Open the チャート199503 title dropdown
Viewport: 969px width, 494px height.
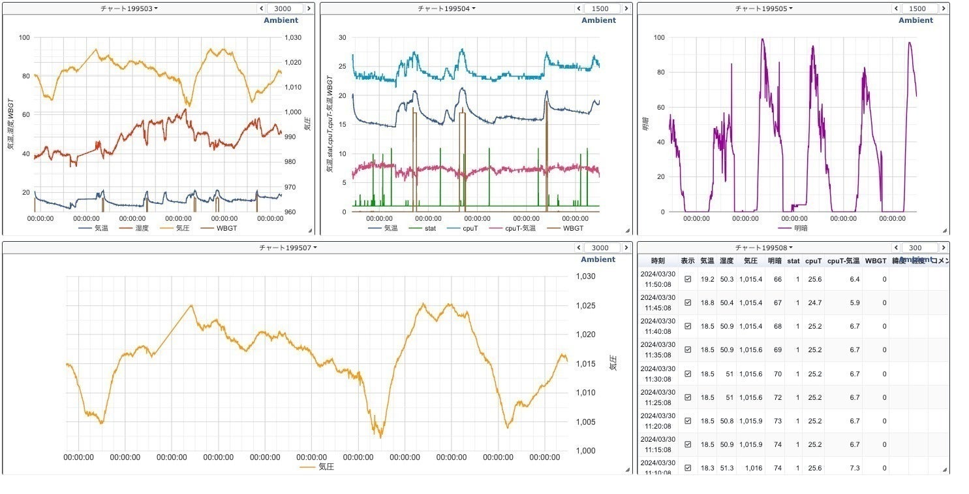(x=129, y=8)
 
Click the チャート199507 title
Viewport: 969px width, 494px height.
(x=288, y=248)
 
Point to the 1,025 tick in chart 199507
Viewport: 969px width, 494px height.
(x=585, y=306)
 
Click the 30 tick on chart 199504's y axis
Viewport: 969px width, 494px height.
(x=342, y=38)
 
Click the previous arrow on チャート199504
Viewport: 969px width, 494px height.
(x=578, y=8)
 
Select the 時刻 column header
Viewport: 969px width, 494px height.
(x=658, y=261)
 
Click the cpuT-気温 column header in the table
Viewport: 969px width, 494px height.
(x=843, y=261)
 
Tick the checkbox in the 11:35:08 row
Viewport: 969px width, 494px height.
(x=688, y=350)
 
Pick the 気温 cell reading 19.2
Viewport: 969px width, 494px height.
(x=707, y=279)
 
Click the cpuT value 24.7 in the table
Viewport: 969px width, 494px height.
(x=813, y=303)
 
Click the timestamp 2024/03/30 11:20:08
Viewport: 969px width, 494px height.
(x=658, y=421)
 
